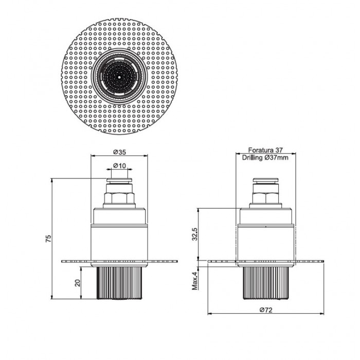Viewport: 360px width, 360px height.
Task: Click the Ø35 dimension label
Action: click(x=120, y=152)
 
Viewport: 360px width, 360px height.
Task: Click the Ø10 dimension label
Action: click(x=120, y=166)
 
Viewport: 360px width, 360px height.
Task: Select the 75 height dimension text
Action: click(x=48, y=239)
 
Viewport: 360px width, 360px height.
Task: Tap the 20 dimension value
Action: click(x=78, y=283)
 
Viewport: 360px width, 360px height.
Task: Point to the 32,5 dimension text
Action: click(x=195, y=234)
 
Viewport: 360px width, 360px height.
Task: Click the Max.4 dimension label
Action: click(x=195, y=281)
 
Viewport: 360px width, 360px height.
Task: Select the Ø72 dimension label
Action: click(x=266, y=310)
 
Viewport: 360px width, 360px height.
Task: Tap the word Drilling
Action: click(x=253, y=158)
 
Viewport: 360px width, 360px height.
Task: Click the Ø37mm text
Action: click(x=276, y=158)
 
